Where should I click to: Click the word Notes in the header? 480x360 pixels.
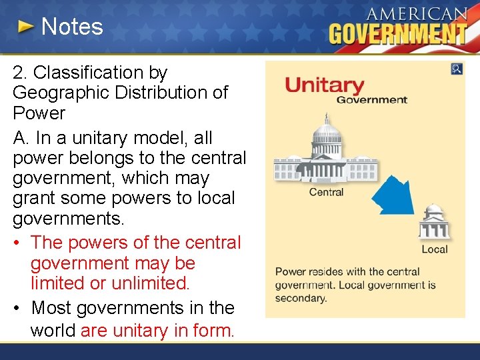click(x=72, y=27)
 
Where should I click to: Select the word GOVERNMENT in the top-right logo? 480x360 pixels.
click(x=398, y=33)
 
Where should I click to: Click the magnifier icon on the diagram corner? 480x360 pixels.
click(x=457, y=69)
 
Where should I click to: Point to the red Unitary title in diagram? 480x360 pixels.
click(x=325, y=85)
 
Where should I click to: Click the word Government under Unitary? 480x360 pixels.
click(x=371, y=100)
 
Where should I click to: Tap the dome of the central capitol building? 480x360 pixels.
click(x=326, y=129)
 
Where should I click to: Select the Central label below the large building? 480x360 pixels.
click(x=326, y=192)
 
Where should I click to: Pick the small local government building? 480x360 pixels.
click(x=434, y=223)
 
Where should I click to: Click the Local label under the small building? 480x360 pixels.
click(x=435, y=249)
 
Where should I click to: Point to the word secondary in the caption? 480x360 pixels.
click(x=301, y=298)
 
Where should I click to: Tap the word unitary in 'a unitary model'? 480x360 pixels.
click(x=105, y=138)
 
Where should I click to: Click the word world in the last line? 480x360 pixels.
click(x=53, y=331)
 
